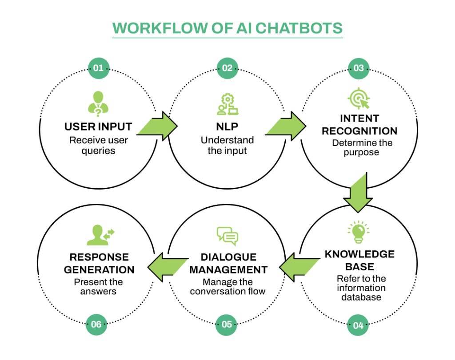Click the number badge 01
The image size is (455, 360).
98,68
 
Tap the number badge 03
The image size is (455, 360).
358,68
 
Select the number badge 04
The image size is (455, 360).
358,325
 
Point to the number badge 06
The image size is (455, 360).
96,324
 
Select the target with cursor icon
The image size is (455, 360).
359,99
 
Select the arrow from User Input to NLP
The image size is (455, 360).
158,126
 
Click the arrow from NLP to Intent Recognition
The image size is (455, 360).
287,126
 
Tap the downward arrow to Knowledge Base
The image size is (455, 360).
358,194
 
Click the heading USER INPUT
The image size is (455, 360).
98,127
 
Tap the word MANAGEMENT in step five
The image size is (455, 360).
228,269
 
